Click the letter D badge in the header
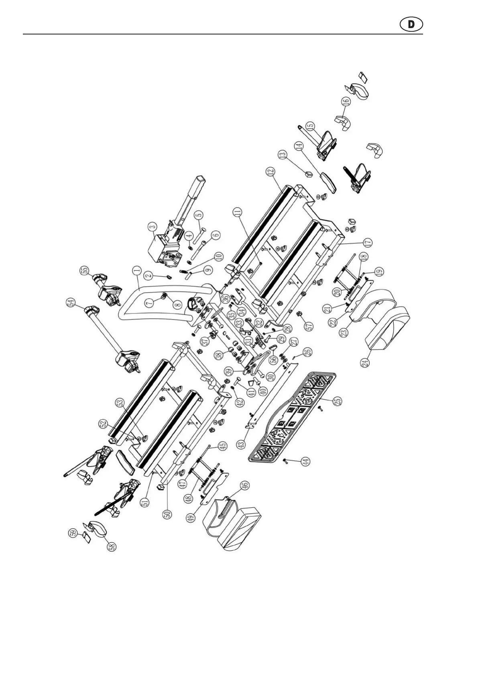411,24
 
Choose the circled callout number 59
73,533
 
